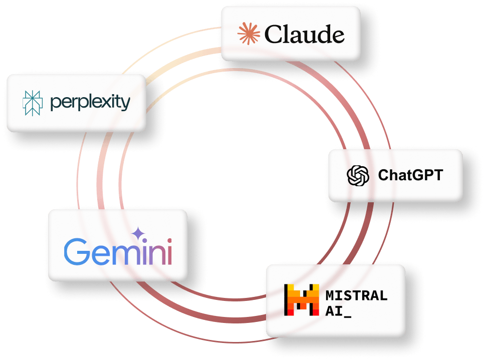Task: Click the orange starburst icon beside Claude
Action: tap(249, 34)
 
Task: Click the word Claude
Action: tap(304, 35)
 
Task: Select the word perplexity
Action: tap(90, 103)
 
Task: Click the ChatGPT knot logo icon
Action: tap(358, 175)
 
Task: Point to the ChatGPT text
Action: tap(410, 175)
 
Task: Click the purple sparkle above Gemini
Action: tap(137, 234)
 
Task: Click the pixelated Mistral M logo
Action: tap(302, 300)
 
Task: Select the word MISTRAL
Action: tap(356, 295)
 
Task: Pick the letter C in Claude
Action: tap(273, 35)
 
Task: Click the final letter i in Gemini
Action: tap(168, 252)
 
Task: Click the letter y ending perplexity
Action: tap(125, 105)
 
